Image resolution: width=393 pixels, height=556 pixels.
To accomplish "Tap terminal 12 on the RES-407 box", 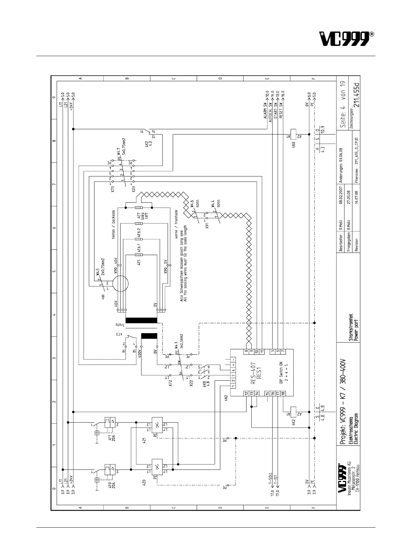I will pos(246,393).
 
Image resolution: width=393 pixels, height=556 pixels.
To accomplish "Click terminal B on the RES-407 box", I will pos(246,352).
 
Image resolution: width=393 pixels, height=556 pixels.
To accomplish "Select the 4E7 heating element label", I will pos(139,217).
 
